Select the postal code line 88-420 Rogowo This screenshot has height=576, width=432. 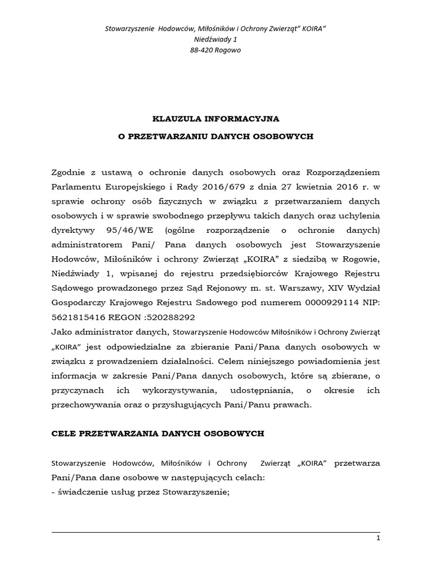(x=216, y=49)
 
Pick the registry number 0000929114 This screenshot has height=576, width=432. (x=308, y=303)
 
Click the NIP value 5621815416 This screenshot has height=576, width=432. (x=76, y=318)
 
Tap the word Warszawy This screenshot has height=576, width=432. (x=307, y=289)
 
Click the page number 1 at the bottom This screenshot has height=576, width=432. (x=379, y=539)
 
